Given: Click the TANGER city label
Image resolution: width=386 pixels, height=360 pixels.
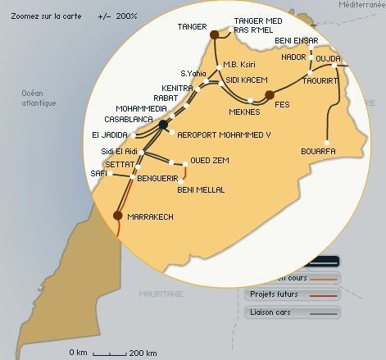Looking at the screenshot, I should click(193, 26).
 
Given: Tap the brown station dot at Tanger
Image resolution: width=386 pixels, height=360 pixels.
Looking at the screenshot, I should click(215, 34).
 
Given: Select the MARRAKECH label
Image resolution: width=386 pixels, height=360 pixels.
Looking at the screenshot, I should click(152, 216).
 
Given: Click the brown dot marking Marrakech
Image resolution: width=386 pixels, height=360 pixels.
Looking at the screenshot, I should click(118, 216).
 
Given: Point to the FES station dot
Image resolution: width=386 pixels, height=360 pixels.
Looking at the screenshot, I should click(270, 96).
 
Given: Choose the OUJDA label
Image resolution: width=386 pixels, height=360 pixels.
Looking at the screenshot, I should click(327, 59).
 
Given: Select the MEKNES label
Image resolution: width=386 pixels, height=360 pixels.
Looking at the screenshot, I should click(244, 112).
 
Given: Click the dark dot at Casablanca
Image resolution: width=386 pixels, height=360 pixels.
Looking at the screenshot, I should click(164, 125).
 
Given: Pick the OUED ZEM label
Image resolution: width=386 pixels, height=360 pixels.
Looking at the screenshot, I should click(209, 160).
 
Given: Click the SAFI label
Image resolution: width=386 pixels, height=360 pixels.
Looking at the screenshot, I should click(98, 174).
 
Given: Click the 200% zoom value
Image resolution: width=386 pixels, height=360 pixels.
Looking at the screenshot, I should click(126, 16).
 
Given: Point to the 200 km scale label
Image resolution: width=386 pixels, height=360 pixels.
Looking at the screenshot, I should click(143, 353).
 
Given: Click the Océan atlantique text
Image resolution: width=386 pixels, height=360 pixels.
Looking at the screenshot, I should click(39, 98).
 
